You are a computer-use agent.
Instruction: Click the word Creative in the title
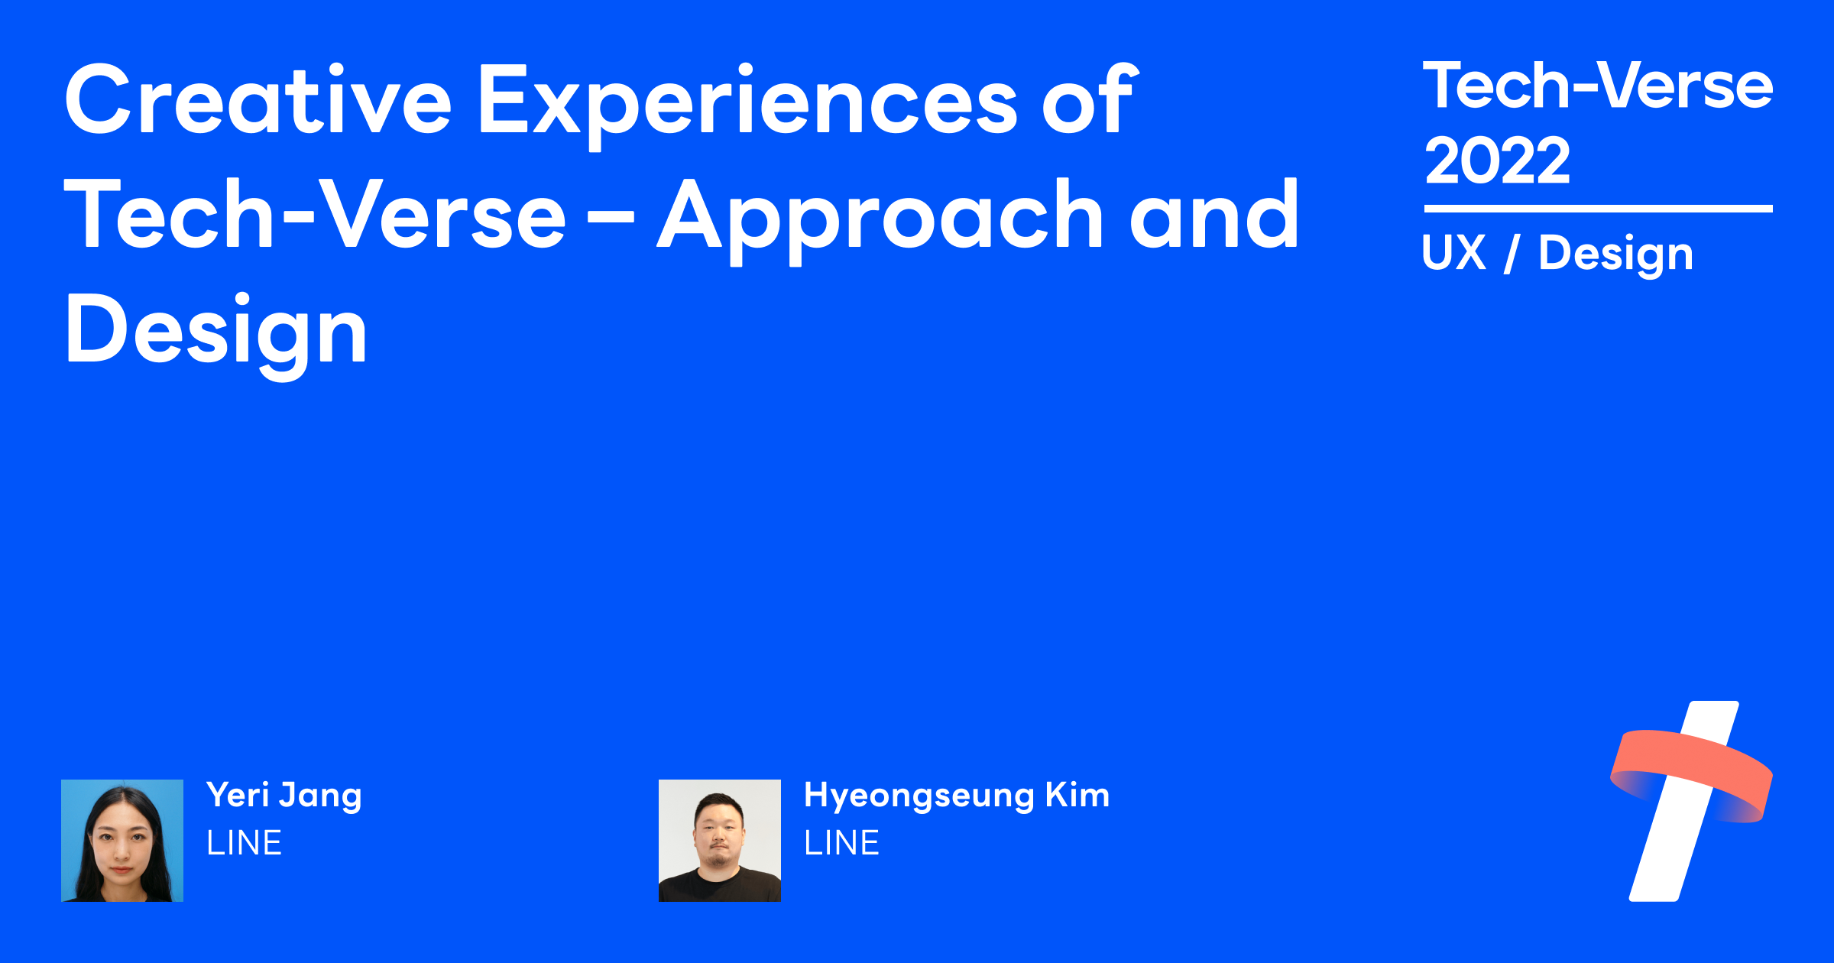tap(258, 101)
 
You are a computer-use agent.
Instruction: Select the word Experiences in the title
tap(747, 102)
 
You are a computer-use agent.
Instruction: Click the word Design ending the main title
tap(216, 332)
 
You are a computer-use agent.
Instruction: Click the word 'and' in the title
tap(1215, 216)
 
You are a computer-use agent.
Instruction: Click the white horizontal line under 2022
tap(1598, 208)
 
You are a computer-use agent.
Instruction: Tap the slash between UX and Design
tap(1512, 254)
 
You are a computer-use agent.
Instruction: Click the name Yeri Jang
tap(284, 795)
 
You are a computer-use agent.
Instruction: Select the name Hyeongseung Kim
tap(957, 795)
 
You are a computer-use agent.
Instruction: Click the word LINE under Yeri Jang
tap(245, 843)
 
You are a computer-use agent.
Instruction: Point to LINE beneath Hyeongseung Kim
tap(842, 843)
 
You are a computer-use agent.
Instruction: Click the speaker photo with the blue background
tap(122, 841)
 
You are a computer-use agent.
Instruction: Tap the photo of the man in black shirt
tap(720, 841)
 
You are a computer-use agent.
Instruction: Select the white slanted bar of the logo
tap(1666, 856)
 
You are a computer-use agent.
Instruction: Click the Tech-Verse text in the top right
tap(1597, 86)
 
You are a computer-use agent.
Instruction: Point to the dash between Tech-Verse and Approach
tap(611, 217)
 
